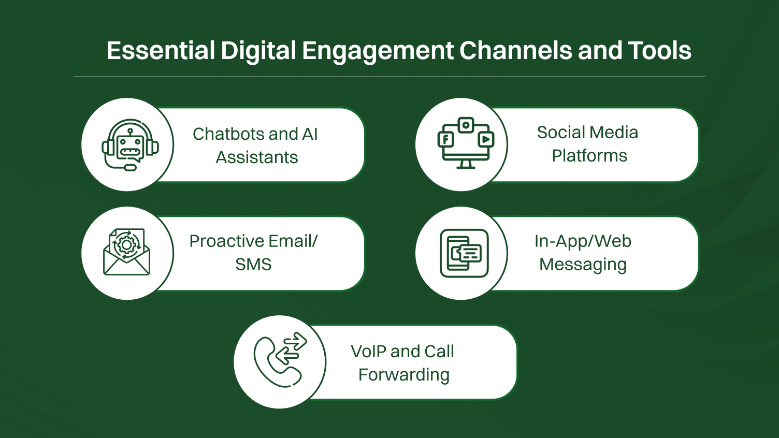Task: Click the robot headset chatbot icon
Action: pyautogui.click(x=129, y=145)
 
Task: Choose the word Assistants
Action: pyautogui.click(x=257, y=157)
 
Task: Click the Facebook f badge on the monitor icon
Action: pyautogui.click(x=445, y=139)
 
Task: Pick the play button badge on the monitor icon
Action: pyautogui.click(x=485, y=139)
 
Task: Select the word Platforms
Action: pyautogui.click(x=589, y=156)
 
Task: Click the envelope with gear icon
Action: pyautogui.click(x=127, y=252)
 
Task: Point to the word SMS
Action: pyautogui.click(x=253, y=265)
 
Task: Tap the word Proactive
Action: pyautogui.click(x=227, y=241)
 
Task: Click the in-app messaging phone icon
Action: pyautogui.click(x=464, y=253)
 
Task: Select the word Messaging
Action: pyautogui.click(x=583, y=265)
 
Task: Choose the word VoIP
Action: pyautogui.click(x=368, y=352)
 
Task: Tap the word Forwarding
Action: pyautogui.click(x=404, y=375)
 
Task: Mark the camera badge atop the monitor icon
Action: pyautogui.click(x=466, y=125)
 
